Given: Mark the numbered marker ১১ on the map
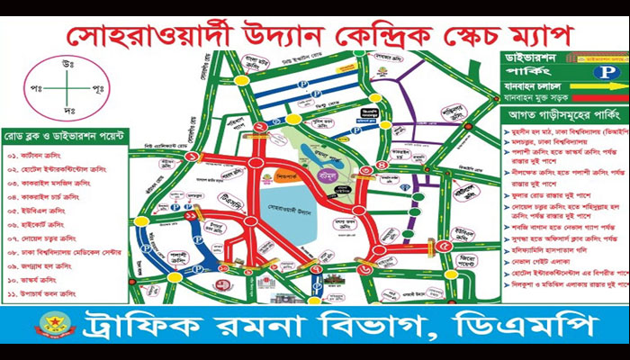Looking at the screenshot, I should pos(191,217).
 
